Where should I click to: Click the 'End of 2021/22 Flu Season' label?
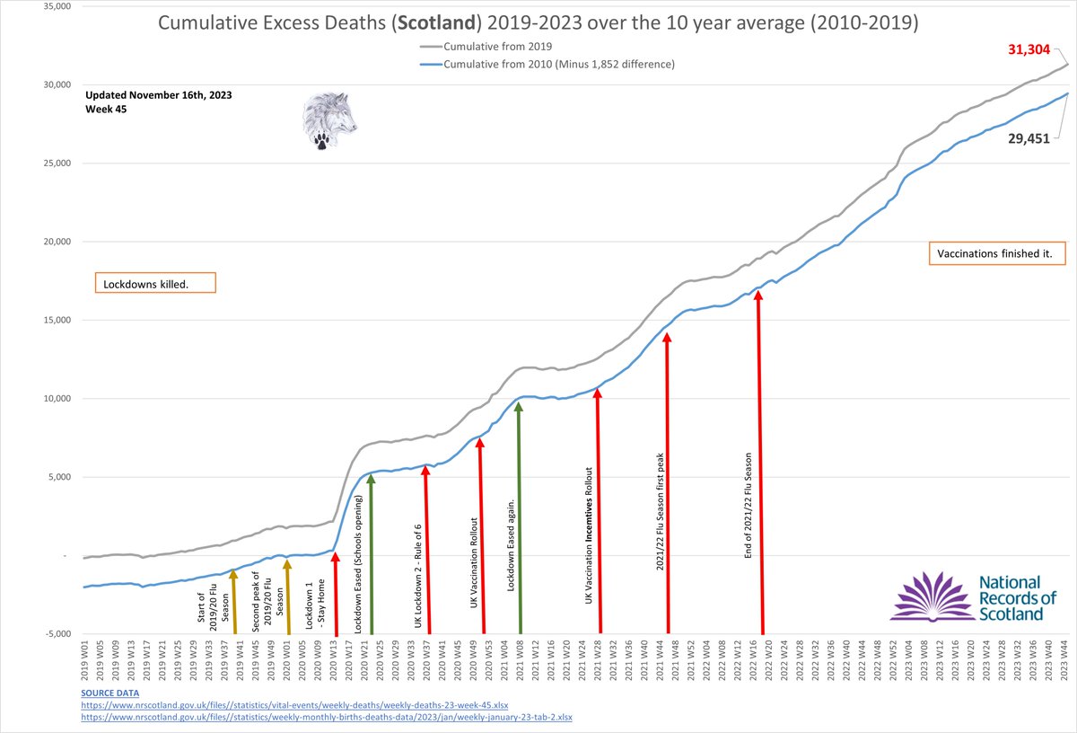coord(749,512)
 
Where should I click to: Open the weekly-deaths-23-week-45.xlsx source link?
coord(293,705)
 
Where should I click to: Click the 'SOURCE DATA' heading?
coord(110,693)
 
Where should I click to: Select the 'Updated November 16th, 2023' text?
coord(149,95)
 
